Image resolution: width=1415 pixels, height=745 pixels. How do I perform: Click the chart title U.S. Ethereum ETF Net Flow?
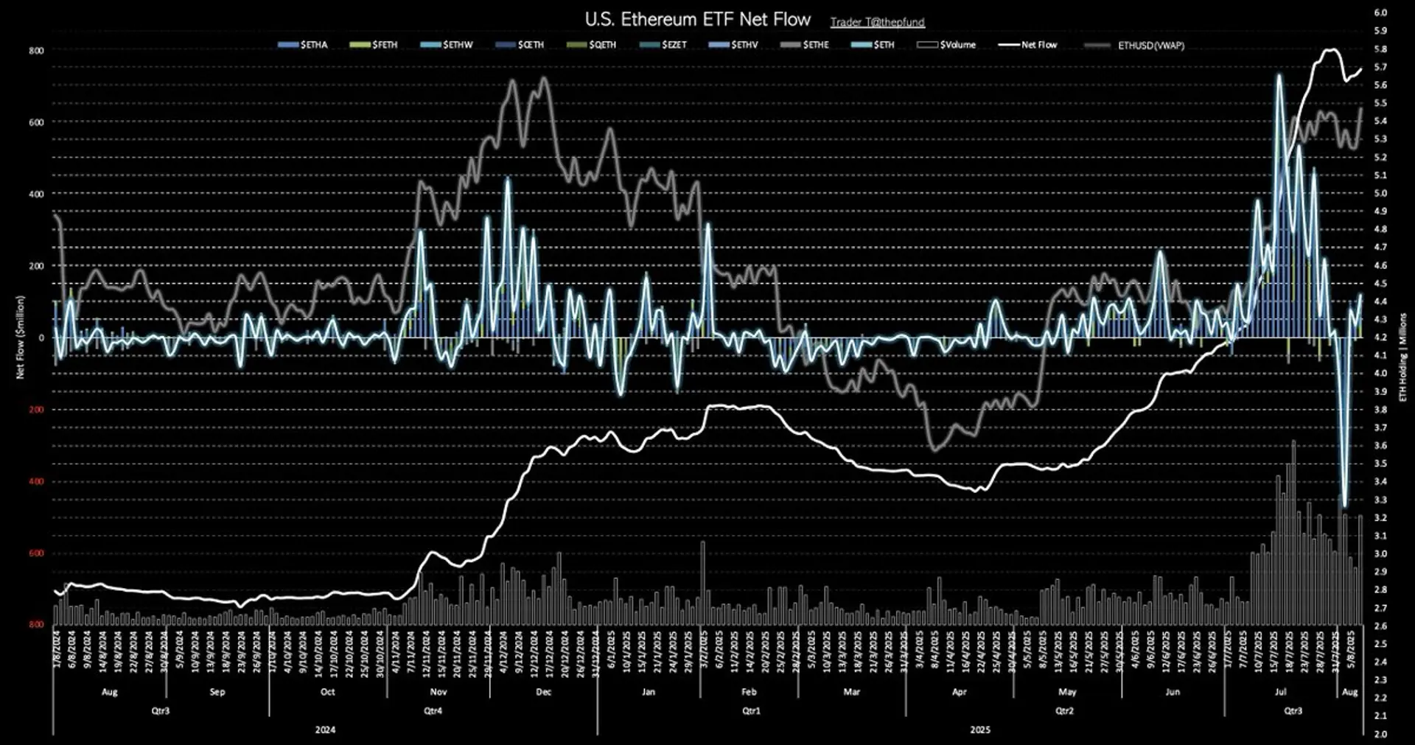point(697,19)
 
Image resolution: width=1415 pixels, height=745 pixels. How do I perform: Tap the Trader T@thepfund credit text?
point(877,22)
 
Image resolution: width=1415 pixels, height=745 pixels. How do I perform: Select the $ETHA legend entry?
point(303,45)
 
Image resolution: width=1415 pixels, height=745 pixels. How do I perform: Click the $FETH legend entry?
point(374,45)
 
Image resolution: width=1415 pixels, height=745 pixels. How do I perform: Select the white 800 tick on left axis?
point(36,51)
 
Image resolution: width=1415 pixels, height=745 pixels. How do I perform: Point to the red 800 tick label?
point(36,624)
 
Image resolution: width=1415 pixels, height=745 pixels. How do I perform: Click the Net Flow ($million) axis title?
point(20,337)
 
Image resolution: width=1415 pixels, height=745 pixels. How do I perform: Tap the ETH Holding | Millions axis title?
point(1402,357)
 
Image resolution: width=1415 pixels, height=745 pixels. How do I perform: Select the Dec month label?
point(543,692)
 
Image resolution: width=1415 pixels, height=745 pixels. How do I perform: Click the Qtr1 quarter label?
point(751,711)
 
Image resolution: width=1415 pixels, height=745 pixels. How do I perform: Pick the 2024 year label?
point(325,730)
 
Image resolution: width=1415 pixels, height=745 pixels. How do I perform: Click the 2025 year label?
point(980,730)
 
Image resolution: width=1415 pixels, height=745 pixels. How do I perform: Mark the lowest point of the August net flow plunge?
point(1345,506)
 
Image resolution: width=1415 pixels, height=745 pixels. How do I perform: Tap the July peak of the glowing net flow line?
point(1279,75)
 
